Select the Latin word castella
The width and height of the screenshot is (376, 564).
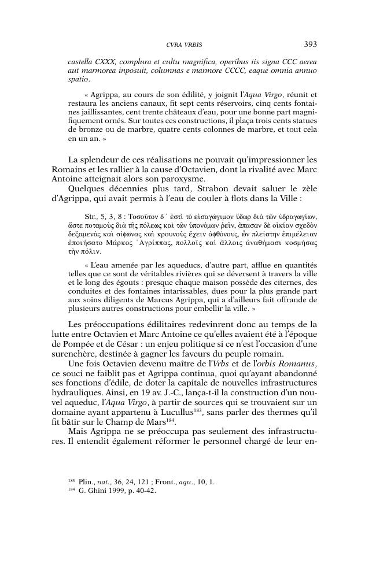(x=82, y=61)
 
